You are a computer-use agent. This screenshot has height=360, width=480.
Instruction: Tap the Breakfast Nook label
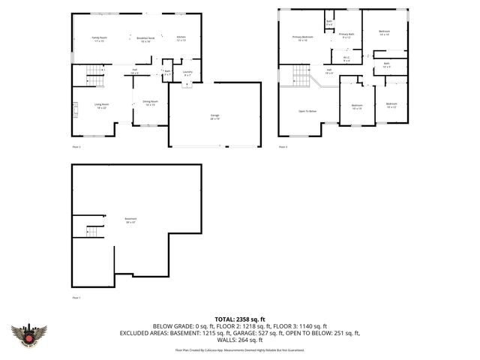145,39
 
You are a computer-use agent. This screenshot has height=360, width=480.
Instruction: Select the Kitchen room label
181,39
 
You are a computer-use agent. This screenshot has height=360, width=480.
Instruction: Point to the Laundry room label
187,73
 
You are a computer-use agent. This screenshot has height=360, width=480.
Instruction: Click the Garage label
214,116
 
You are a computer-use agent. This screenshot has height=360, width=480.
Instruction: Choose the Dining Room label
151,102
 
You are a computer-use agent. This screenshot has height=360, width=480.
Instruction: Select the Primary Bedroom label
302,38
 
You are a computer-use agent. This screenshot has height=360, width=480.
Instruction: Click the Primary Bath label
346,35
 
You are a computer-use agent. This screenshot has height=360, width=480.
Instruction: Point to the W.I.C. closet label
346,58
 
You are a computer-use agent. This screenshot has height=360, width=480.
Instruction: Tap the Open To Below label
307,111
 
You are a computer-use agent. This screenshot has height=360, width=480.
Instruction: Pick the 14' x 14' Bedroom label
385,33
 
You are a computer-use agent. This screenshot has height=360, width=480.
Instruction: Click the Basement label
130,220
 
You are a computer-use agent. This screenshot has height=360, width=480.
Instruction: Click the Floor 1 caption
76,298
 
